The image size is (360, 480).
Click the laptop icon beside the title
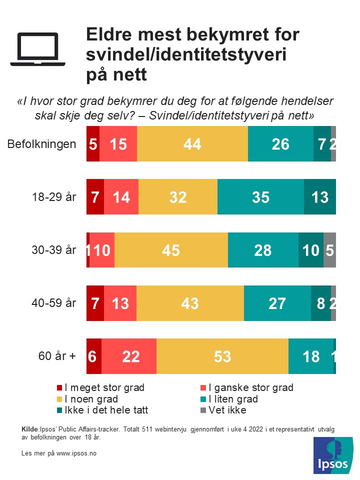click(38, 49)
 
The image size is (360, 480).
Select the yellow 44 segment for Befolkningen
click(192, 144)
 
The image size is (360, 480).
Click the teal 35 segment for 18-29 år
click(260, 197)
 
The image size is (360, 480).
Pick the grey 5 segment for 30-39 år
click(329, 250)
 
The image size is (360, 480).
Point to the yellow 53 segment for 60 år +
click(222, 356)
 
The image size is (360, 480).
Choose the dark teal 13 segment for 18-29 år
click(319, 197)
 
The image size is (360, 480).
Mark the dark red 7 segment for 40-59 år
click(95, 303)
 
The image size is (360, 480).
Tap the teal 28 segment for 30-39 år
click(263, 250)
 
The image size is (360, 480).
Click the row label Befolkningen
click(42, 144)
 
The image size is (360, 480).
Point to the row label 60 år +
click(57, 356)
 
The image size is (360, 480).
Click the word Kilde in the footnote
click(30, 429)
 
